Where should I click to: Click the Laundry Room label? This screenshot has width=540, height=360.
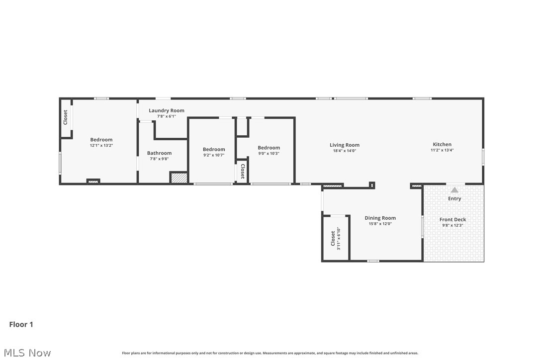click(167, 110)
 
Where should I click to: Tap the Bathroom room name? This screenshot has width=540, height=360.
click(159, 153)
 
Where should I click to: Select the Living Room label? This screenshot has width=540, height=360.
click(345, 145)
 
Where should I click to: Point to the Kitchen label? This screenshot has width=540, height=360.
click(442, 144)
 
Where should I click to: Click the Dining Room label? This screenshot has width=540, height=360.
click(380, 218)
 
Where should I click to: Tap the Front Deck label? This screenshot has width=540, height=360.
click(452, 219)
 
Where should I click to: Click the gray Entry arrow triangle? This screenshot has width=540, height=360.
click(454, 190)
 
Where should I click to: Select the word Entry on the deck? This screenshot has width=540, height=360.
click(454, 199)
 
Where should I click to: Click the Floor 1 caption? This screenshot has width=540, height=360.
click(21, 324)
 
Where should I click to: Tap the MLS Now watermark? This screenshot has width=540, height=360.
click(27, 353)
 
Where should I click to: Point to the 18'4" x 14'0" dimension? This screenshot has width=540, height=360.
click(345, 151)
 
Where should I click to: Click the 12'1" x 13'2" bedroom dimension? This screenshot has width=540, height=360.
click(101, 145)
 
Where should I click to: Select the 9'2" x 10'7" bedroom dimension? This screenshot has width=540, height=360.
click(213, 155)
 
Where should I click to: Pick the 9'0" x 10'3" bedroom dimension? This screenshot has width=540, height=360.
click(269, 153)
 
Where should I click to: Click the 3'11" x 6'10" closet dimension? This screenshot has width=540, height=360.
click(339, 238)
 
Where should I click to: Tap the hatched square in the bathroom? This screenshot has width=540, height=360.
click(179, 178)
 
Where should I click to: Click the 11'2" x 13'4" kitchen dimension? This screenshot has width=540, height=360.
click(442, 150)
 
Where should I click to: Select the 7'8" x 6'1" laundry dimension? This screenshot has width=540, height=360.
click(167, 116)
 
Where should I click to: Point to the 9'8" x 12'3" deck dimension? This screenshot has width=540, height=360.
click(452, 225)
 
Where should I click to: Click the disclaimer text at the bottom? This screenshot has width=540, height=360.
click(270, 353)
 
